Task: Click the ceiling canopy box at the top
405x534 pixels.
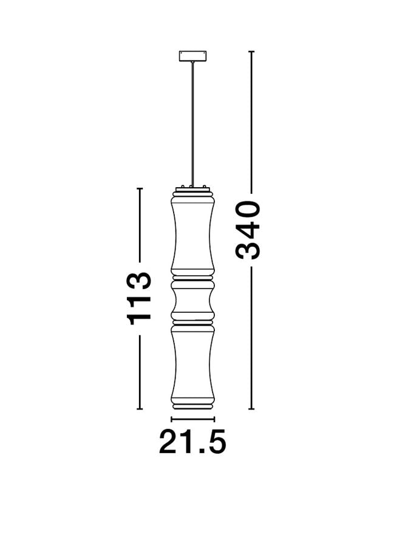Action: point(192,56)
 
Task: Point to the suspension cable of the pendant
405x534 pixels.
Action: point(192,124)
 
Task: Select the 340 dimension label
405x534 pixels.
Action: point(248,230)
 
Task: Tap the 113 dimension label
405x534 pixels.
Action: point(138,299)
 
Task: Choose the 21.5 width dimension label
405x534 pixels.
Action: point(192,442)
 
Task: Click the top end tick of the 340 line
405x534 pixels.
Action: point(251,52)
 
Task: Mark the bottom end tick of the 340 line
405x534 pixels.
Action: point(251,409)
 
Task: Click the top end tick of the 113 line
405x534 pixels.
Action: point(139,188)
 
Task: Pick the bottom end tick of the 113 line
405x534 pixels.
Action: point(139,409)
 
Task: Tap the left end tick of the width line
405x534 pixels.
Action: point(171,419)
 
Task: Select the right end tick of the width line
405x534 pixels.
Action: point(214,419)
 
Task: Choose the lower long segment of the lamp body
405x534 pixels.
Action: point(192,366)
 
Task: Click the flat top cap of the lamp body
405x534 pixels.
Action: point(192,189)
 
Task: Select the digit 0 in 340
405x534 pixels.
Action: point(248,210)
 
